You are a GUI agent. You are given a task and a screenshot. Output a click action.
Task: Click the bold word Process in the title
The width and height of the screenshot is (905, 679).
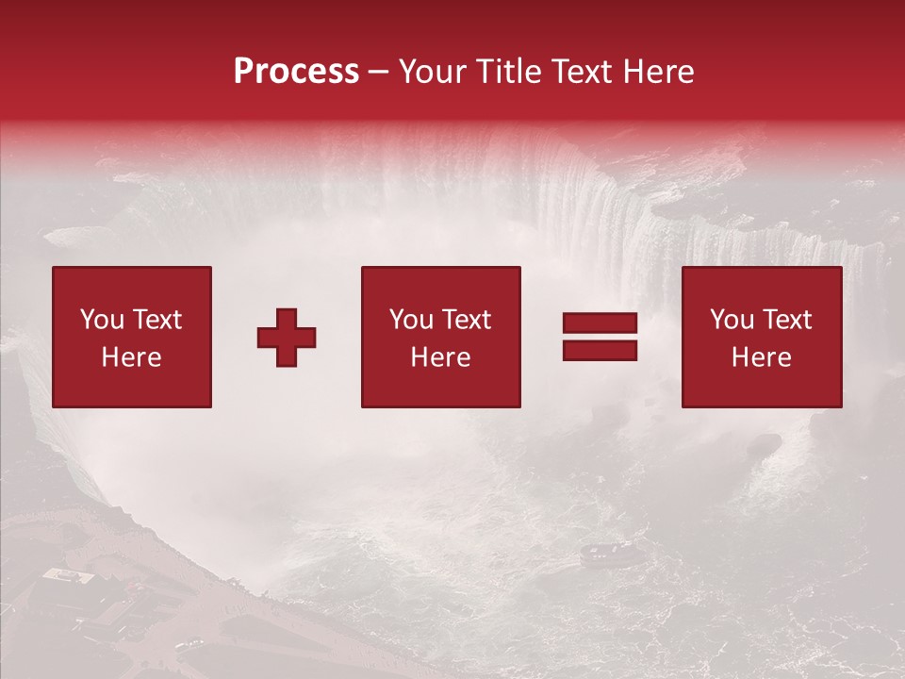click(296, 72)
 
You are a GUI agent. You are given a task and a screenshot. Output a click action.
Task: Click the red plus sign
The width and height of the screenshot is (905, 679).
click(287, 338)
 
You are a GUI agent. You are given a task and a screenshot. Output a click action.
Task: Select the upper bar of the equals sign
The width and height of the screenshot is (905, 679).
click(600, 324)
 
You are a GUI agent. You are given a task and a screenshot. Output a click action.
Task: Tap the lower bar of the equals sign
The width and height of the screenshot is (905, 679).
click(600, 351)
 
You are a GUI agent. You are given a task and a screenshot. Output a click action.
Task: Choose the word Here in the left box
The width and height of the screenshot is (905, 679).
click(131, 357)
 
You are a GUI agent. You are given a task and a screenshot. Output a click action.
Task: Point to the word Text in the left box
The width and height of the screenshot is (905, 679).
click(156, 320)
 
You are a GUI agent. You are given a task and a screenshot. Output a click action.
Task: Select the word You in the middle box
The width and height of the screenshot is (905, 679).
click(412, 320)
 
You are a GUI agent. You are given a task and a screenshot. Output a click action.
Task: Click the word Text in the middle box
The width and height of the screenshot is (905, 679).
click(466, 320)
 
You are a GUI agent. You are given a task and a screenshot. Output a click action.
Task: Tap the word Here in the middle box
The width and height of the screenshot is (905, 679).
click(440, 357)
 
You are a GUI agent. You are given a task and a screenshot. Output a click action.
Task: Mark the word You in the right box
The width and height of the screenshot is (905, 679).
click(732, 320)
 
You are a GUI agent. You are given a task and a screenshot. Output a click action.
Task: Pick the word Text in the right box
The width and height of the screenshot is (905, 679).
click(786, 320)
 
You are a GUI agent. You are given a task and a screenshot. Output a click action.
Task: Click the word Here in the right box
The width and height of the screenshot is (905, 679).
click(761, 357)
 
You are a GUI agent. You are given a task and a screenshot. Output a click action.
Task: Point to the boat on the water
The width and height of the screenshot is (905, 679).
click(597, 554)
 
